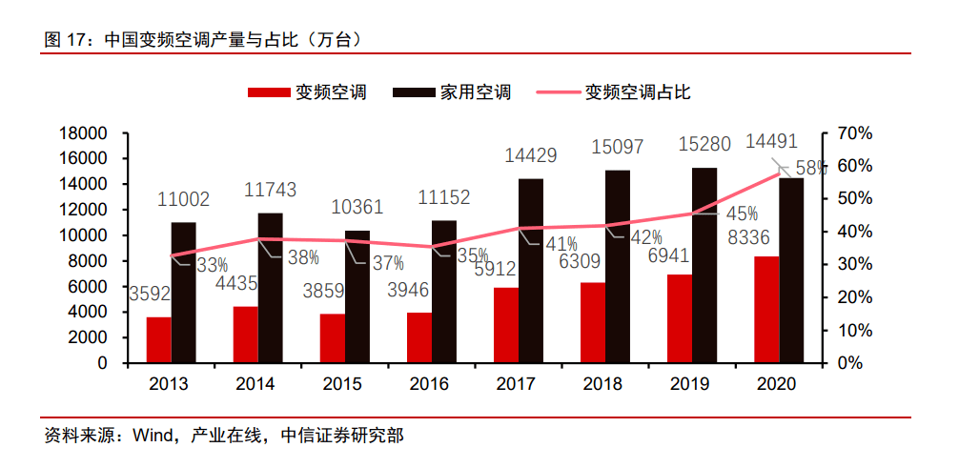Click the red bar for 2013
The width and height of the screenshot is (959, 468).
(159, 339)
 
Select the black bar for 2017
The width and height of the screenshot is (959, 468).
(531, 271)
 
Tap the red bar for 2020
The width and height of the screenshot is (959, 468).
(766, 310)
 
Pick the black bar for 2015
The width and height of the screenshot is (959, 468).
(357, 296)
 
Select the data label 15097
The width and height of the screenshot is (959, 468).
(617, 148)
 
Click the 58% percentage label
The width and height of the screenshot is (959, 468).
(809, 168)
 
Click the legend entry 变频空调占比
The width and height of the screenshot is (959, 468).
(638, 92)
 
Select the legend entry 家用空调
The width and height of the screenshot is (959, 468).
(476, 92)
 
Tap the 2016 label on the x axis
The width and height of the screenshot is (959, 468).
(429, 384)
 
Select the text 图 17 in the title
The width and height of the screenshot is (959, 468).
(64, 41)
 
